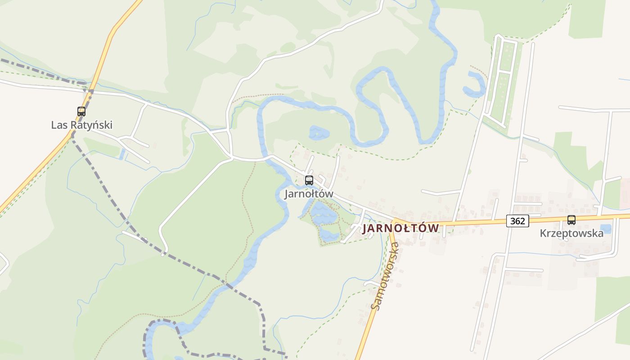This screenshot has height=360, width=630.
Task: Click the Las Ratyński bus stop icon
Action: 81,111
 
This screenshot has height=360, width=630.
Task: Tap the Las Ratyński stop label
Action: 81,125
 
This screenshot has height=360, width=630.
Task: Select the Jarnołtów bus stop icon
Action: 309,180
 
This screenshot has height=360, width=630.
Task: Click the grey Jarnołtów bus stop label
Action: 309,194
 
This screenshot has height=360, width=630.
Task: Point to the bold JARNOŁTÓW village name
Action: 400,228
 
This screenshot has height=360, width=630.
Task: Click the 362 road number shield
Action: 517,221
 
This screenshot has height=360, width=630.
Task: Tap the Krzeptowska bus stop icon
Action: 571,220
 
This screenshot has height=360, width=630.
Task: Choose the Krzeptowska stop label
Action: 571,234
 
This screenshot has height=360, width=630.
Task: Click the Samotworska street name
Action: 385,276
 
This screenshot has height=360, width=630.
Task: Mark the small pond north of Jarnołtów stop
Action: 319,133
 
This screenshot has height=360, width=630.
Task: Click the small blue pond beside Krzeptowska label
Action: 606,229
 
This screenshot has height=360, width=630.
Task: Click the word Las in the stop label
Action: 58,125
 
